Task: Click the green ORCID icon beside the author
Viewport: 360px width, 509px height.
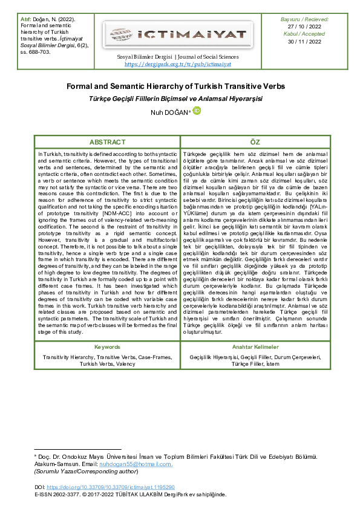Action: coord(196,111)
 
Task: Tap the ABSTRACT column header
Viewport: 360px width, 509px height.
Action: coord(107,142)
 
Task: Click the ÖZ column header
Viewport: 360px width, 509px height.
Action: coord(255,142)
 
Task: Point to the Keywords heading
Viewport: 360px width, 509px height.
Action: coord(107,347)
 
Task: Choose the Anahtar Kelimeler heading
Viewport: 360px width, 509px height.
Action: coord(255,347)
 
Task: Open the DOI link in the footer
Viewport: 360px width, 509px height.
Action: coord(110,487)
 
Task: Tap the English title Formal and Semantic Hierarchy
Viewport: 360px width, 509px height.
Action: coord(180,87)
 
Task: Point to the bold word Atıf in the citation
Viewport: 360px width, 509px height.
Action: coord(26,20)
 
